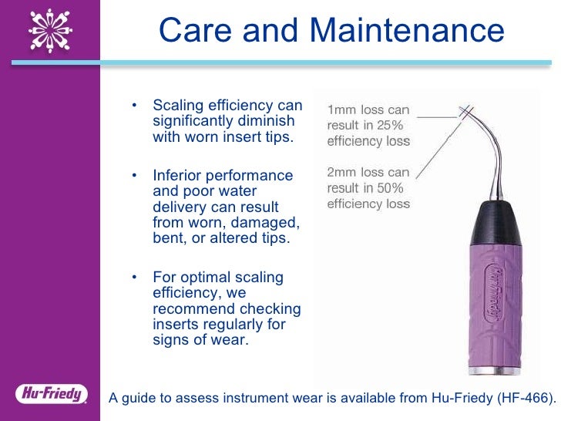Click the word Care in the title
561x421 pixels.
[193, 31]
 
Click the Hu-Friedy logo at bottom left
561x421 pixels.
[51, 394]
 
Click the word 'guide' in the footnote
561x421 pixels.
[141, 398]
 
